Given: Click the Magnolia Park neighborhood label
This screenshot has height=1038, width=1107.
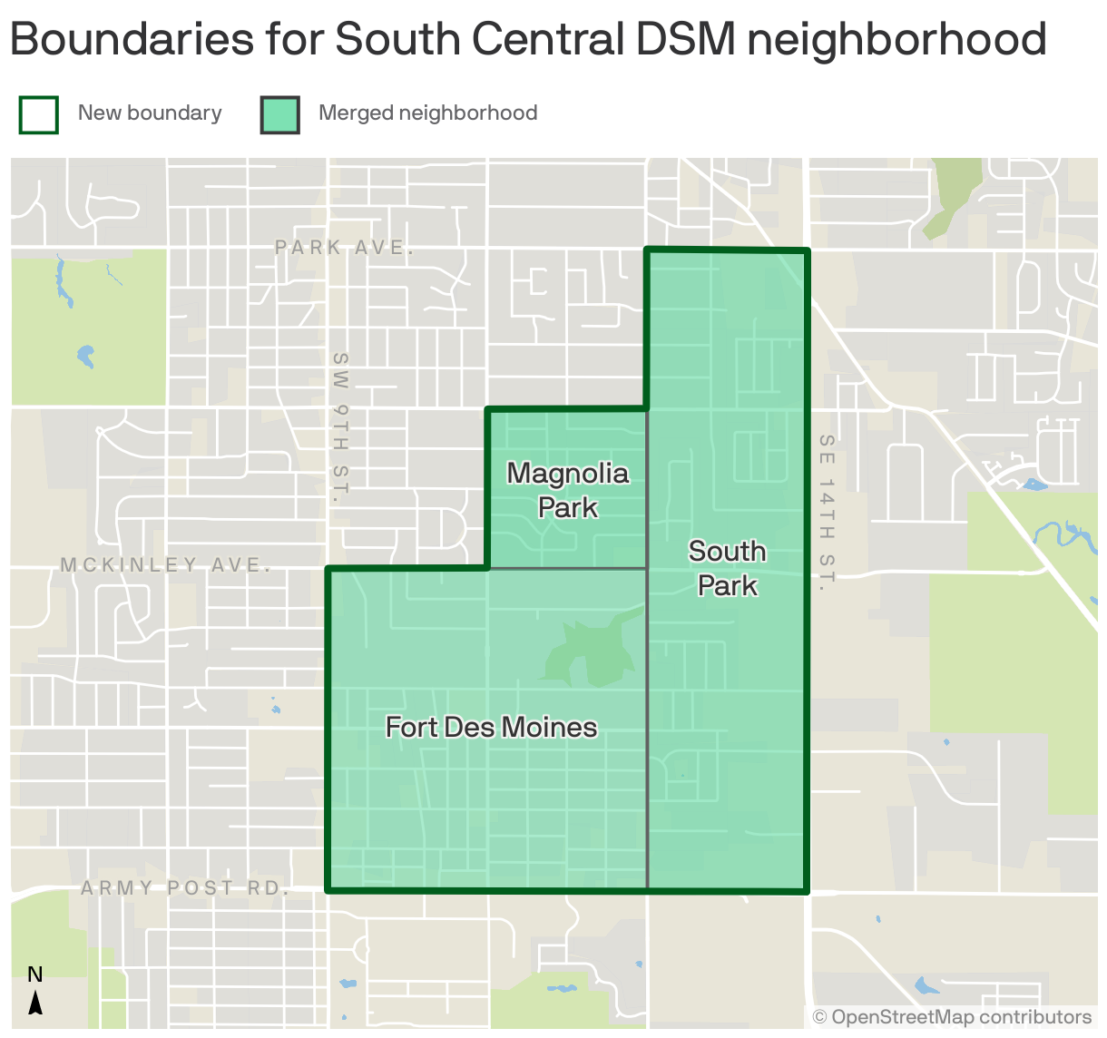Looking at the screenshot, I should (567, 490).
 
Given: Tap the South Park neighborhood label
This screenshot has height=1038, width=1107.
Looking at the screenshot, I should (727, 568).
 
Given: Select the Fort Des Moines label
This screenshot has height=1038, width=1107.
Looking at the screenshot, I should (491, 727).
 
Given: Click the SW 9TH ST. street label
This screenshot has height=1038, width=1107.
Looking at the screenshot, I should (340, 427).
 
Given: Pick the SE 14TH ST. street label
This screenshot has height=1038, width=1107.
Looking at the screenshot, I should (826, 513).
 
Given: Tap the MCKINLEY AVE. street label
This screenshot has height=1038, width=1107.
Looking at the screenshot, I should (166, 565).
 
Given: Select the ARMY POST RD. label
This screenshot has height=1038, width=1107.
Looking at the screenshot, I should (185, 888).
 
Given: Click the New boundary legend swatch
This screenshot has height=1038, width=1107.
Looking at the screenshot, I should (39, 115).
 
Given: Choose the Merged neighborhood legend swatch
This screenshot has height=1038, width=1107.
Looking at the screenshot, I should (280, 115).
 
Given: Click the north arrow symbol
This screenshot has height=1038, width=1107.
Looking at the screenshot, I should (35, 1003).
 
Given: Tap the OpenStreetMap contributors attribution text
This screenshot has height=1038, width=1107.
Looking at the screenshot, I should (952, 1017).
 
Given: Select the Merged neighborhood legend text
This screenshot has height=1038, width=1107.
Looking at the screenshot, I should (427, 113).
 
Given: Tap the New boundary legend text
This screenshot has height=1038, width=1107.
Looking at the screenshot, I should (150, 113).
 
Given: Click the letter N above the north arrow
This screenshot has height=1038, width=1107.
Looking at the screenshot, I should (35, 975).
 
